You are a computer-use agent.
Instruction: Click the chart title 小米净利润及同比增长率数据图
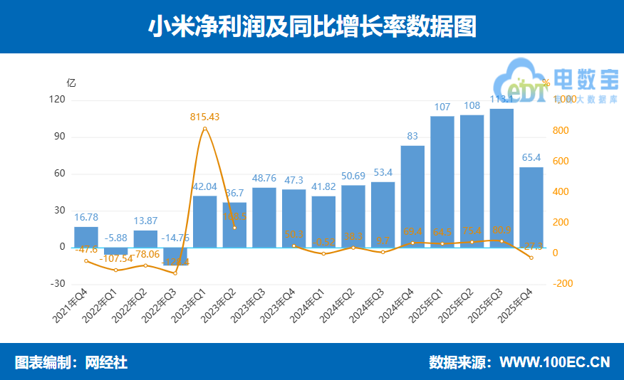click(312, 27)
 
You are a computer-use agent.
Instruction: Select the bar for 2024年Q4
click(412, 196)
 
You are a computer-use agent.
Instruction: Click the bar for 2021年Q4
click(86, 237)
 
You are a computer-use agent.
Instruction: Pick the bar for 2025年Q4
click(531, 207)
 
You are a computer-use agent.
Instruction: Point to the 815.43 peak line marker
click(204, 129)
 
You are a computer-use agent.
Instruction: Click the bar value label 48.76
click(264, 178)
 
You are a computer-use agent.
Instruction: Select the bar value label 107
click(442, 107)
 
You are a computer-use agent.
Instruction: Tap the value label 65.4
click(531, 158)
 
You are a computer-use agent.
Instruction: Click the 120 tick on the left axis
click(58, 100)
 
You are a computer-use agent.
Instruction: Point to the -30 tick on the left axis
click(58, 284)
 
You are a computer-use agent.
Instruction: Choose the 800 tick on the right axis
click(563, 131)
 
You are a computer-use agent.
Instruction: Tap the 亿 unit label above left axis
click(71, 82)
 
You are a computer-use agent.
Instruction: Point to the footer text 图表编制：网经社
click(71, 362)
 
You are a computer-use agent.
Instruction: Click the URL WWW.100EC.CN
click(555, 362)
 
